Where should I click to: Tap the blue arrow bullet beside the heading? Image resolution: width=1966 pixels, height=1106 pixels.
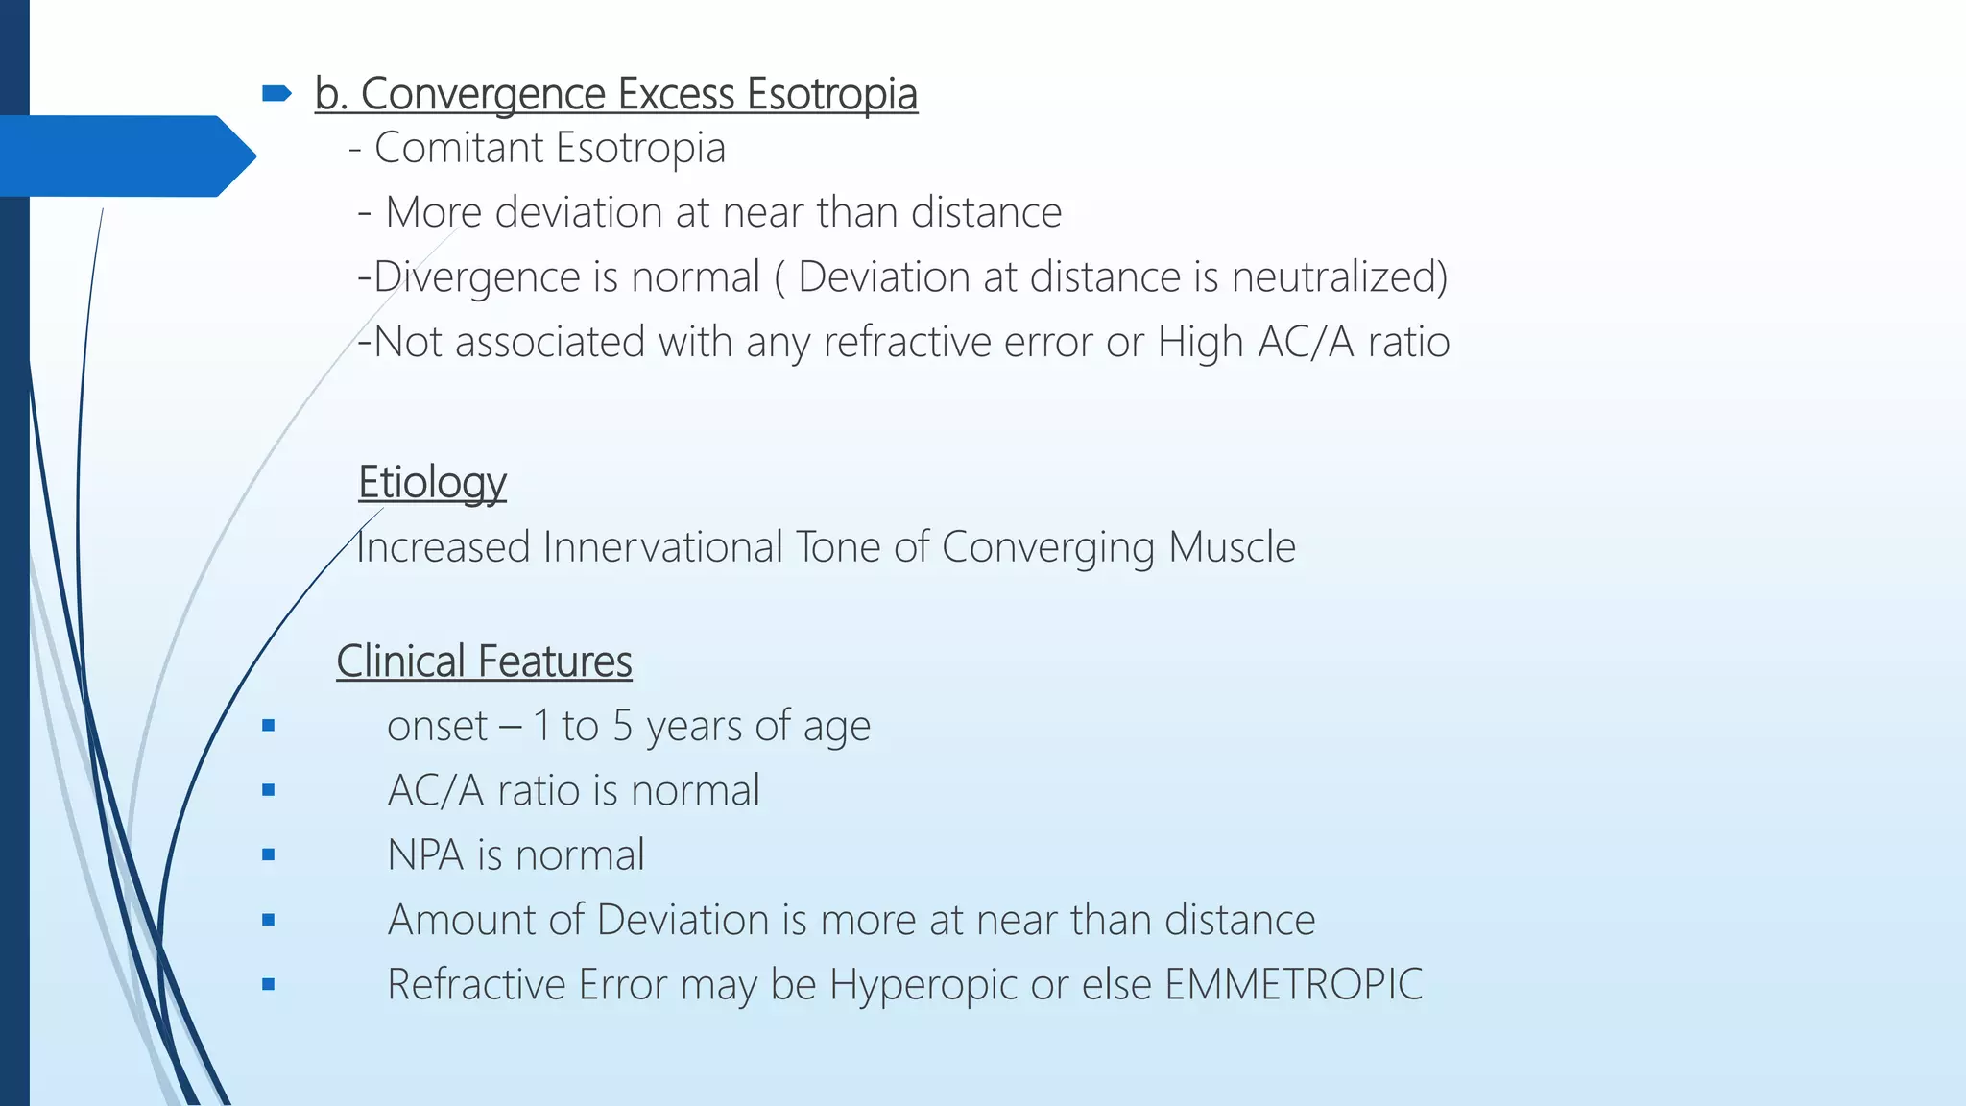click(x=276, y=93)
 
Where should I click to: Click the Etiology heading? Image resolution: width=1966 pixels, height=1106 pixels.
click(x=432, y=482)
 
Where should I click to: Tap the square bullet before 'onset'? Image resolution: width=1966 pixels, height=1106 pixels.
click(x=268, y=726)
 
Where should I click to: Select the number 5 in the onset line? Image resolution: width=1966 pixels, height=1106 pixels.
click(x=622, y=727)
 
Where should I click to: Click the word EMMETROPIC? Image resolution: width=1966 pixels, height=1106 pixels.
click(x=1293, y=985)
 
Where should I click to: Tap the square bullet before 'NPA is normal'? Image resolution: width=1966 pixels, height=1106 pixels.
click(x=268, y=854)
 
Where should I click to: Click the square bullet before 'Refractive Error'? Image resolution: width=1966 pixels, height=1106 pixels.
click(x=268, y=984)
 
